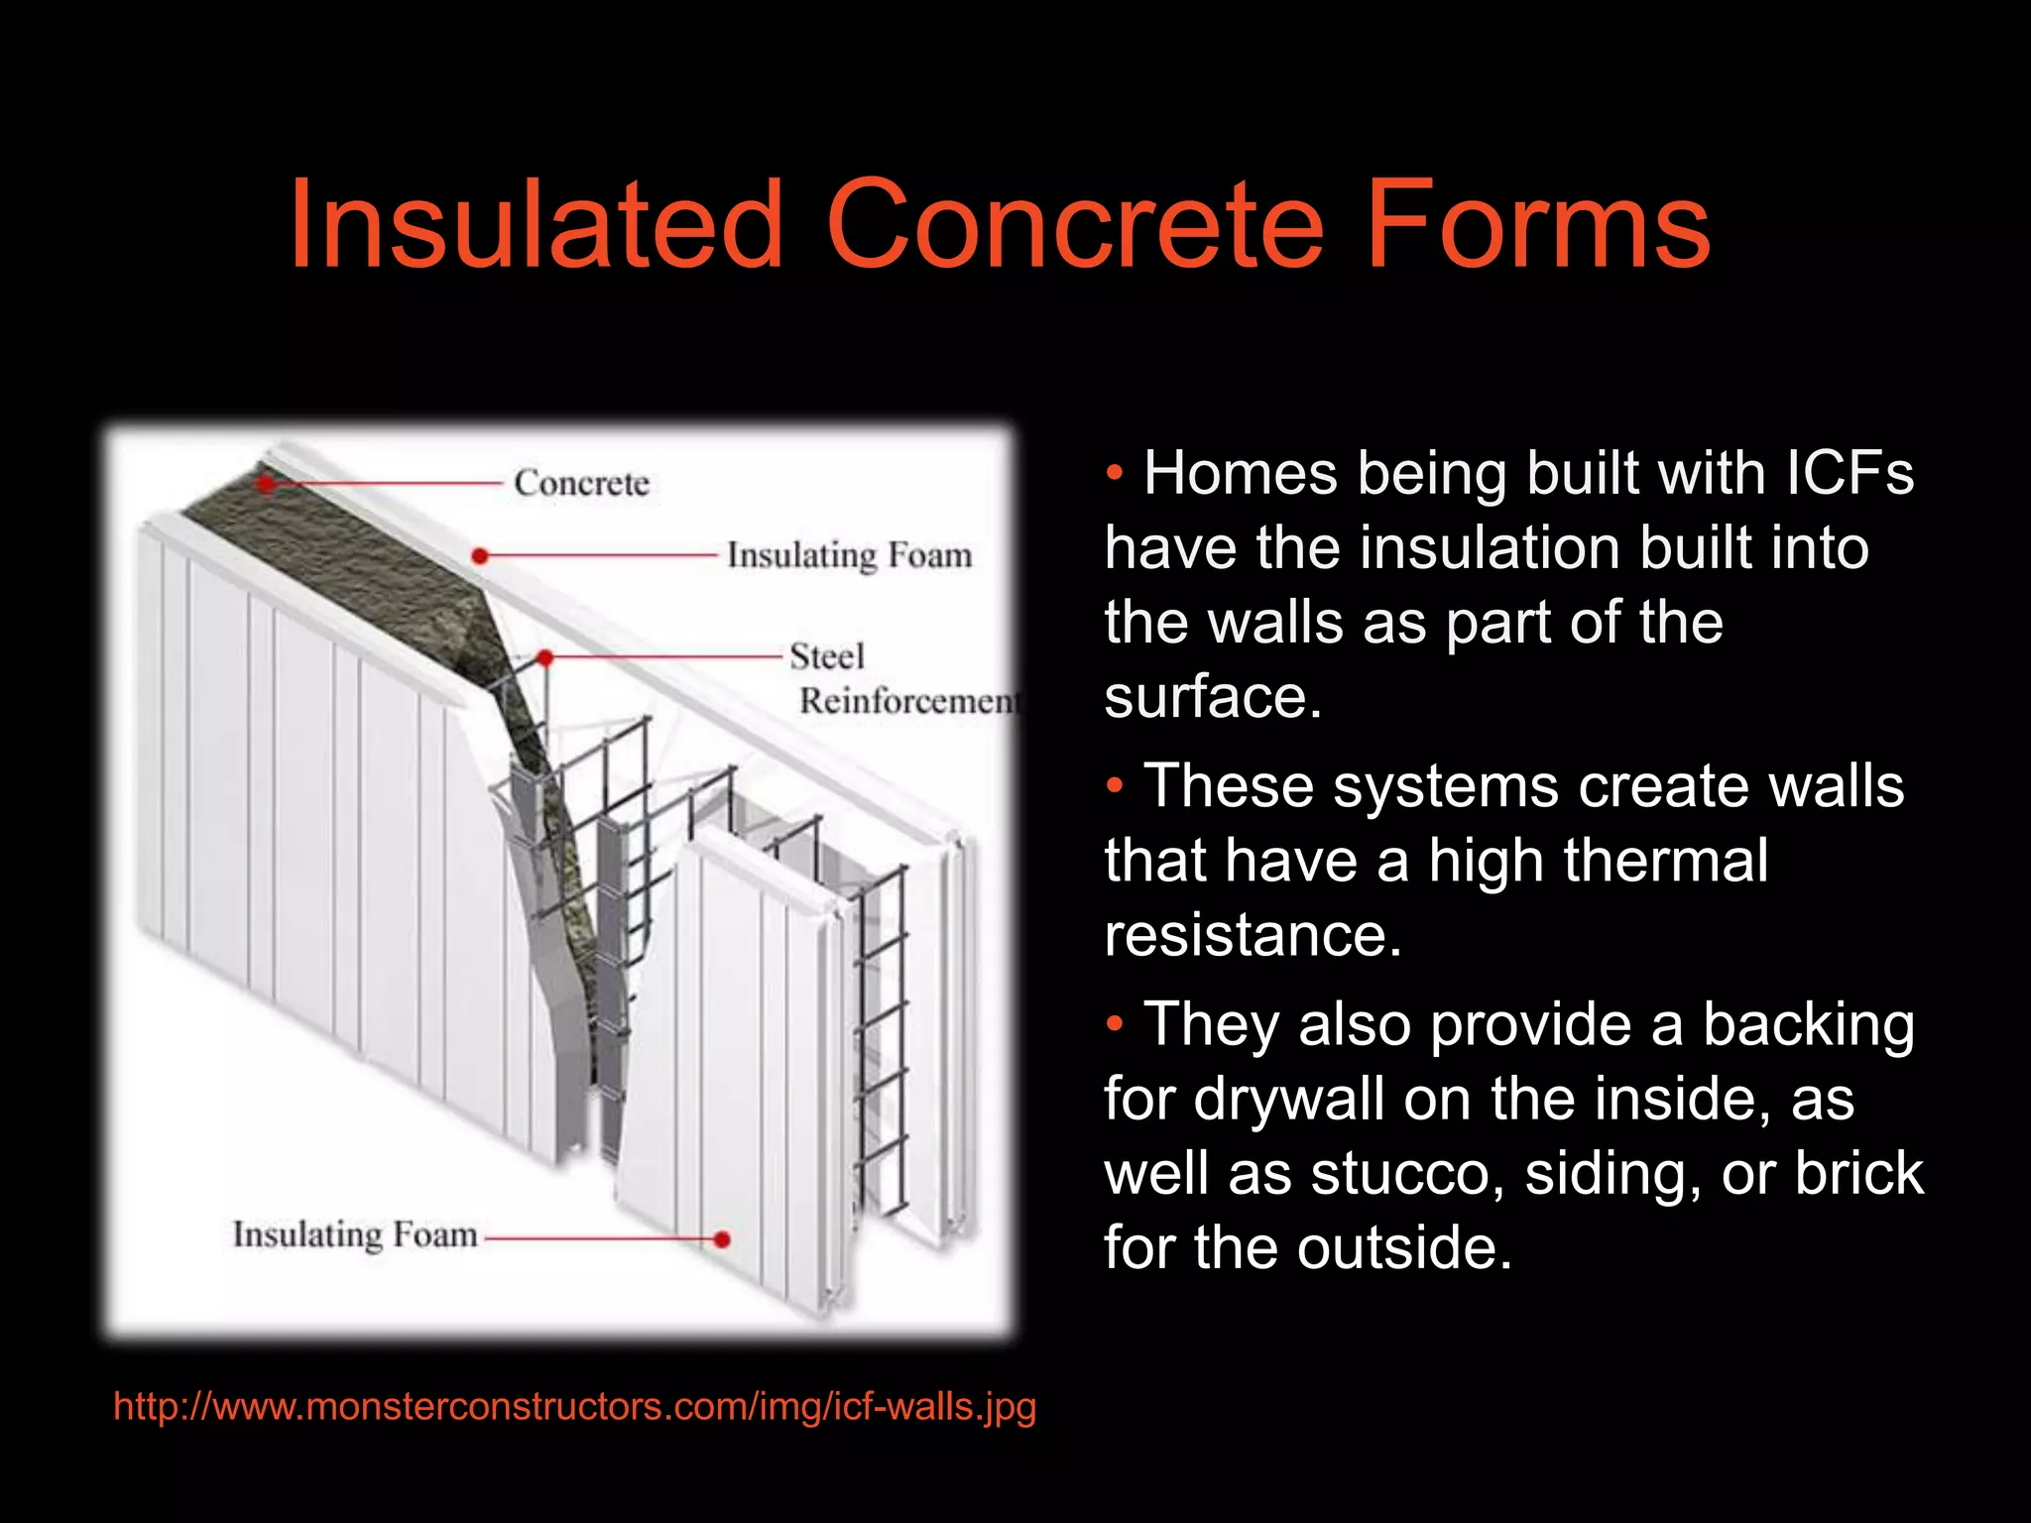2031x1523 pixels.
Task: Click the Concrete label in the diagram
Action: (581, 483)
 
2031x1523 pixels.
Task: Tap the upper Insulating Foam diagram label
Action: (849, 555)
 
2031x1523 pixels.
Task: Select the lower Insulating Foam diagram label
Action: (355, 1235)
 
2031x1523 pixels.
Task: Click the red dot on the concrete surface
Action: (266, 483)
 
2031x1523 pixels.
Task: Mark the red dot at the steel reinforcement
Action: (544, 657)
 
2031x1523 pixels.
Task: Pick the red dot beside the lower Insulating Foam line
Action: (722, 1239)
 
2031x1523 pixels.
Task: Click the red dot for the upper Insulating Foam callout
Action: (480, 556)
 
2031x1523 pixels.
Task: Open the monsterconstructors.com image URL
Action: (574, 1406)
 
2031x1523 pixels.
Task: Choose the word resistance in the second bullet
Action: (1252, 934)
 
